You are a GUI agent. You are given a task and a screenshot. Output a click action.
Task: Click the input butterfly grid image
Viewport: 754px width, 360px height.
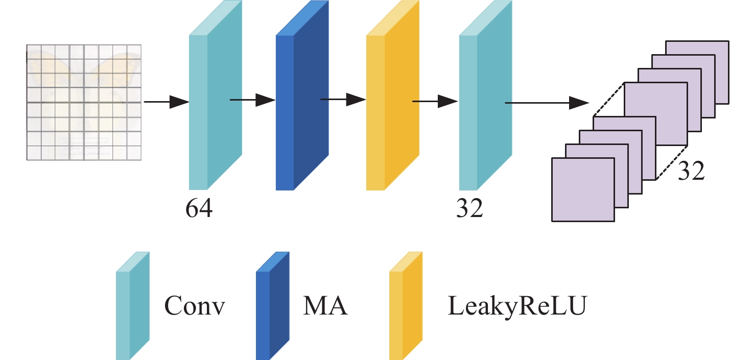[x=84, y=102]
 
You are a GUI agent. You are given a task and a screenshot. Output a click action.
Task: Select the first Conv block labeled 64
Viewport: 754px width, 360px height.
[x=215, y=102]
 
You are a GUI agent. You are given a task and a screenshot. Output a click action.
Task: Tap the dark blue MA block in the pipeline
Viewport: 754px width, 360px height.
[x=301, y=102]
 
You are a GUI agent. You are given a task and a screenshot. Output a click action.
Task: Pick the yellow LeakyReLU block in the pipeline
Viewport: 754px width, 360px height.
[x=392, y=102]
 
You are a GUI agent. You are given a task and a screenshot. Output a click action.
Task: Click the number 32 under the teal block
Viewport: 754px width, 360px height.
[x=469, y=208]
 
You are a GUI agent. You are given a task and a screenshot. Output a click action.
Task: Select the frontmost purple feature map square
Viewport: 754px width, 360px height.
[x=582, y=189]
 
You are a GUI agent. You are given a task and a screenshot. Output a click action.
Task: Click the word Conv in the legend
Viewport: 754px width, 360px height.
[x=195, y=306]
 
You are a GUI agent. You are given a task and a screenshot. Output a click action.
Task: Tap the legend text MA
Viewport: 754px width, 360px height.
[x=325, y=306]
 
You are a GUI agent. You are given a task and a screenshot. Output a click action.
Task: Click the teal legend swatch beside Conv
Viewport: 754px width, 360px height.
[x=133, y=306]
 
